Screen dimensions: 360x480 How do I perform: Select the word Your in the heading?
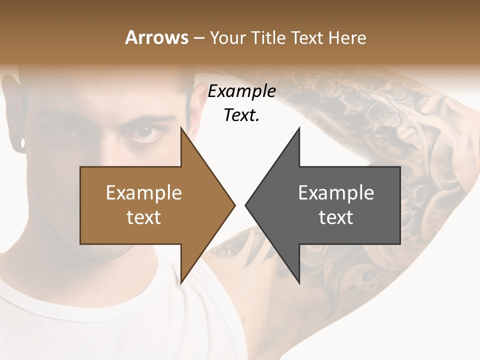pyautogui.click(x=226, y=38)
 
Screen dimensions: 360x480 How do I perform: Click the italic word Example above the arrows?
pyautogui.click(x=241, y=91)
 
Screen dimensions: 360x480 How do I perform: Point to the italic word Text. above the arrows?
pyautogui.click(x=241, y=115)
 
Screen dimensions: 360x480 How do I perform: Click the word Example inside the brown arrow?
pyautogui.click(x=144, y=192)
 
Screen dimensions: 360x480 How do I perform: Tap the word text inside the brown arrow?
pyautogui.click(x=144, y=217)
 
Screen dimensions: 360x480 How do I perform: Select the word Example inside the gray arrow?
pyautogui.click(x=336, y=192)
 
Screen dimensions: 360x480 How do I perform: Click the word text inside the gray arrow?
pyautogui.click(x=336, y=217)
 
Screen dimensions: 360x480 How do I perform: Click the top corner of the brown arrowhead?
pyautogui.click(x=181, y=128)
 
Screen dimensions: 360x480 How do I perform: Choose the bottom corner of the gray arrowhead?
pyautogui.click(x=299, y=283)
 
